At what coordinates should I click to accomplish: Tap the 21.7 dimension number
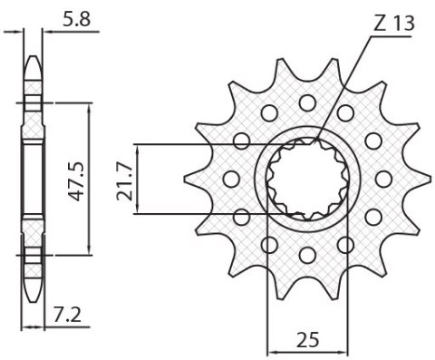click(125, 179)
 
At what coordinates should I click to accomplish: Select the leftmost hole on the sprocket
click(229, 179)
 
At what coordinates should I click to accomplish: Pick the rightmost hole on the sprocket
click(384, 177)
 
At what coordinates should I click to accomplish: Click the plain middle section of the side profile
click(33, 179)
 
